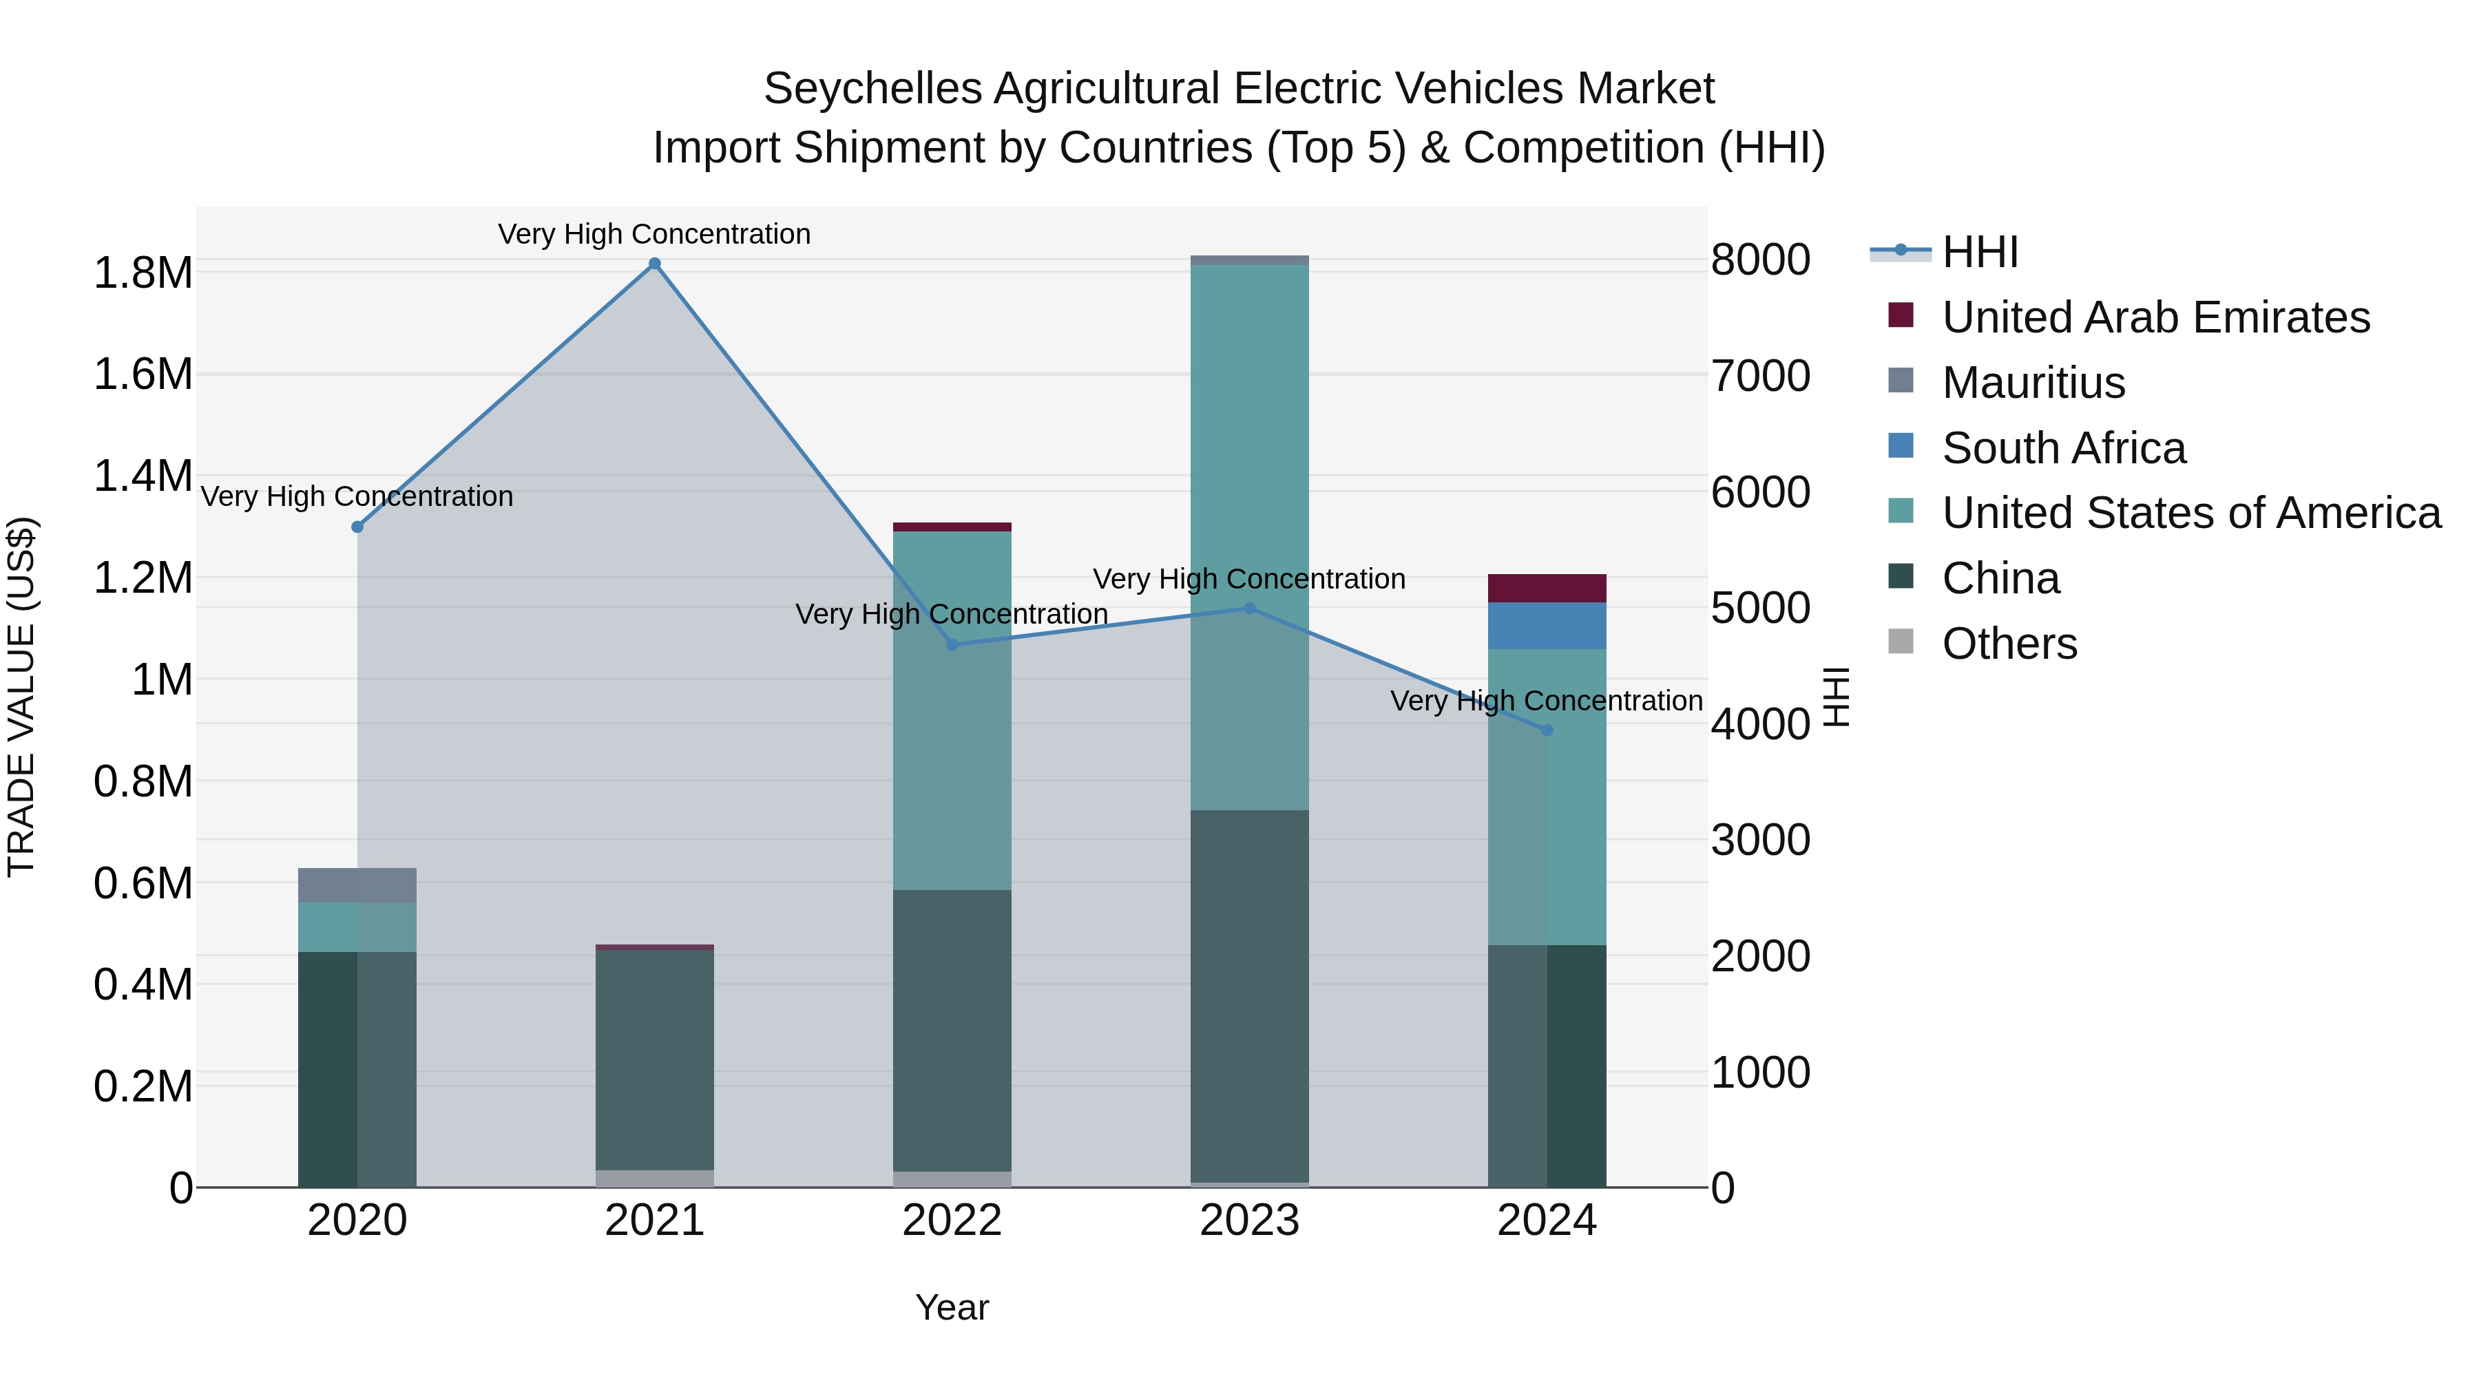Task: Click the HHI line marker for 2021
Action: coord(654,264)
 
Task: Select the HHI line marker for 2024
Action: coord(1547,730)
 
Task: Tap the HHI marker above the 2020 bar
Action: coord(357,527)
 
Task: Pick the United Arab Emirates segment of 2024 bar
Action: coord(1547,589)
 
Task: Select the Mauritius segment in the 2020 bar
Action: coord(357,885)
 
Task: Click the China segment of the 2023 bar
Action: coord(1249,995)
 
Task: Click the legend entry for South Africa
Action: coord(2063,448)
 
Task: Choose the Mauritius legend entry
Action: coord(2033,383)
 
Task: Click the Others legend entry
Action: coord(2009,644)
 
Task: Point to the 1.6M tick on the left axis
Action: coord(143,374)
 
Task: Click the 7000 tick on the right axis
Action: coord(1760,375)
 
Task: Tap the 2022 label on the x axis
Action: coord(952,1221)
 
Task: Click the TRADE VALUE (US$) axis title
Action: coord(21,697)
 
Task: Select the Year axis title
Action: coord(952,1307)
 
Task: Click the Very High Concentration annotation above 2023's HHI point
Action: coord(1249,579)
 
